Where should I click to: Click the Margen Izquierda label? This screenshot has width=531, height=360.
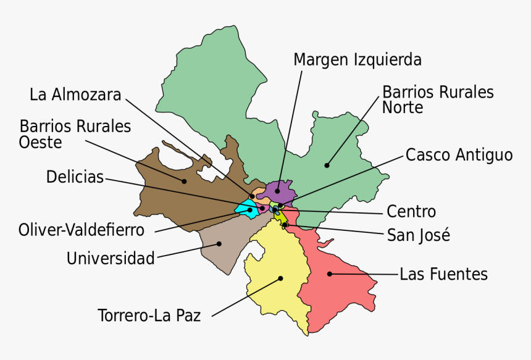[357, 60]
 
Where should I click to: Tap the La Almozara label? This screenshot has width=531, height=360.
[75, 94]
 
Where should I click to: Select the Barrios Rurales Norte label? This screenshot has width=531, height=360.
[438, 99]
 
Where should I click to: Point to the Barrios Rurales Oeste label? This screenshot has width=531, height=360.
[75, 134]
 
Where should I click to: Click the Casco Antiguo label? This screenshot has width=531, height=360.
[459, 154]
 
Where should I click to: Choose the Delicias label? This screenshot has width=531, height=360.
[75, 177]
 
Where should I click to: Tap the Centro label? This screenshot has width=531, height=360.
[411, 212]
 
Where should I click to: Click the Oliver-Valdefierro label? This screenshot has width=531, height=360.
[82, 230]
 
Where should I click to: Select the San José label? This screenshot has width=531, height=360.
[418, 235]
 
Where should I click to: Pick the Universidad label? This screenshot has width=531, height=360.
[111, 258]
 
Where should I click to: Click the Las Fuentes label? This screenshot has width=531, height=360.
[443, 274]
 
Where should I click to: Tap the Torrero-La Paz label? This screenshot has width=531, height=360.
[149, 316]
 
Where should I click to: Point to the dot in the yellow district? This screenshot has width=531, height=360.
[280, 278]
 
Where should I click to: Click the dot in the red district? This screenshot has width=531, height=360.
[330, 274]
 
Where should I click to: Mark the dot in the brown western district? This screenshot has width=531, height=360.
[184, 181]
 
